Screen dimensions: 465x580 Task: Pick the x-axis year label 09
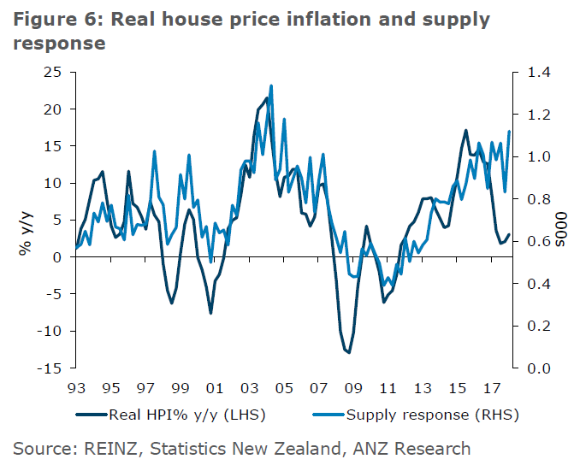[x=350, y=386]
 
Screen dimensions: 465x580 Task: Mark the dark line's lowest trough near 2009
[x=348, y=352]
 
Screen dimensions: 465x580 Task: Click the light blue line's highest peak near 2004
[x=271, y=85]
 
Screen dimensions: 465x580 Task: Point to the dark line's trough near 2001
[x=210, y=313]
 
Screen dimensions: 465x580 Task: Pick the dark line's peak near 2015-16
[x=466, y=130]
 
